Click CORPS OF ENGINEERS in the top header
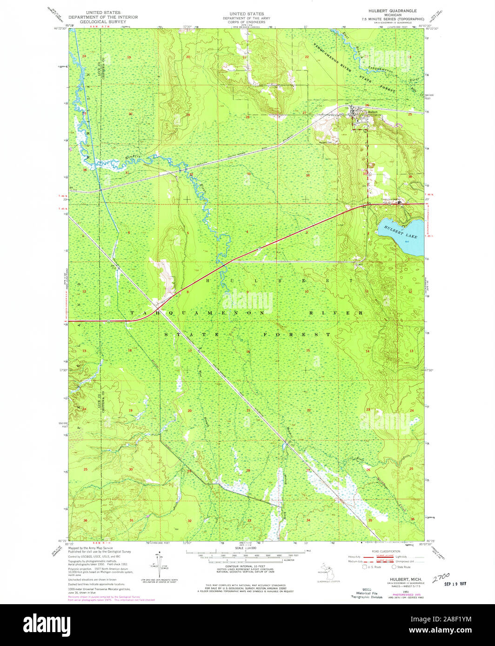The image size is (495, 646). pyautogui.click(x=243, y=22)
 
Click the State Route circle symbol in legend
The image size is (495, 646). pyautogui.click(x=394, y=567)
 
